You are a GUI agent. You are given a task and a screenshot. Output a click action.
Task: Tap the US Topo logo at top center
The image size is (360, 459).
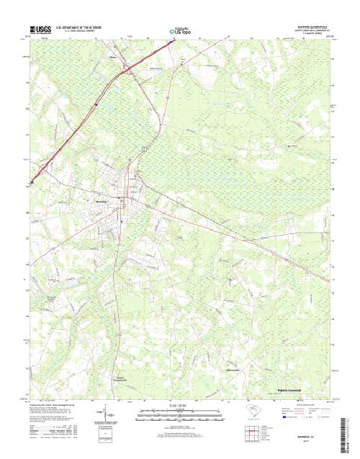tap(179, 32)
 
